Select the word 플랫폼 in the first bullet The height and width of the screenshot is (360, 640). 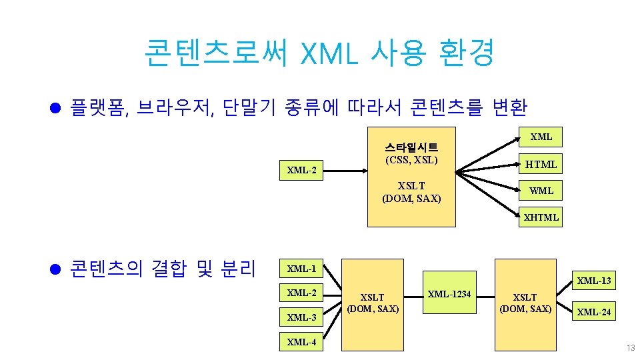point(95,107)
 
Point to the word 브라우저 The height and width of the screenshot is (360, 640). point(175,107)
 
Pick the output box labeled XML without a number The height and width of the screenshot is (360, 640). point(541,137)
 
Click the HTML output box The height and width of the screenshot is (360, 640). point(541,164)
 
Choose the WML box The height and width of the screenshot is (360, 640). point(541,191)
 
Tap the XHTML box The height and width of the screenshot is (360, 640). point(541,217)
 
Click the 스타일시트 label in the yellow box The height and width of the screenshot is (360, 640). point(411,147)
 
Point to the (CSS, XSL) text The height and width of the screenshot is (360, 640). point(411,160)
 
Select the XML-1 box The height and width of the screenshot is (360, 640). point(301,269)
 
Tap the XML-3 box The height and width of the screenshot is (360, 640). point(301,317)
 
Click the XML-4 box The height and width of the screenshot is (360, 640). point(301,342)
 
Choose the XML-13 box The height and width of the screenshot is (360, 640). point(593,281)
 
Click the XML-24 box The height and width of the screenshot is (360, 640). point(593,312)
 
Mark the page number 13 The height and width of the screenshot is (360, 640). point(630,349)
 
